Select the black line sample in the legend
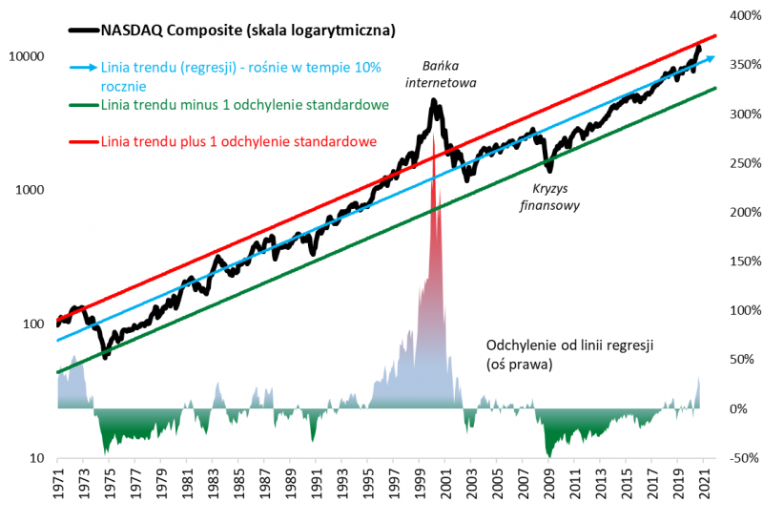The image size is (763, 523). (83, 31)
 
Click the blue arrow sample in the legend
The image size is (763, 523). (83, 69)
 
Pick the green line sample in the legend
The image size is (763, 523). (83, 105)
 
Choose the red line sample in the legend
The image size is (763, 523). (83, 142)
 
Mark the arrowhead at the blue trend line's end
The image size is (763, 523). (709, 59)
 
